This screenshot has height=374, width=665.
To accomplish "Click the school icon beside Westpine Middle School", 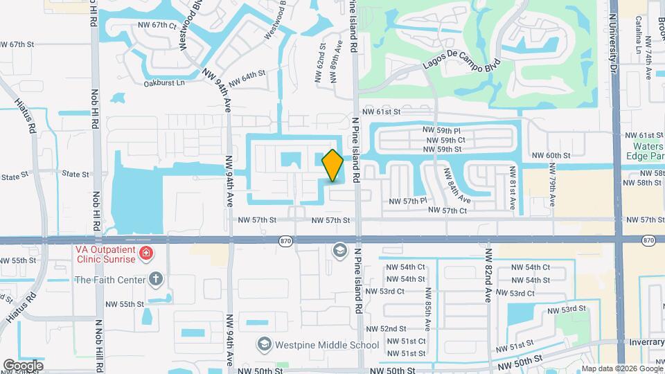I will coord(263,344).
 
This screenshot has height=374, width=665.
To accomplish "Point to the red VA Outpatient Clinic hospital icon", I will coord(146,253).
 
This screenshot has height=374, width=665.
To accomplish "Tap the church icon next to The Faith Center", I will coord(157,280).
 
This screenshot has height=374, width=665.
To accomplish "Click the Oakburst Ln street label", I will coord(164,83).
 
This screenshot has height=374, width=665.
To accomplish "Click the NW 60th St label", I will coord(551,156).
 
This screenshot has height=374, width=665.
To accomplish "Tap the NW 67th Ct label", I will coord(154,25).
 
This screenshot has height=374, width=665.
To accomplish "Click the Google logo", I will coord(23,365).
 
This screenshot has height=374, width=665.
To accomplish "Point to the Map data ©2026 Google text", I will coord(621,368).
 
